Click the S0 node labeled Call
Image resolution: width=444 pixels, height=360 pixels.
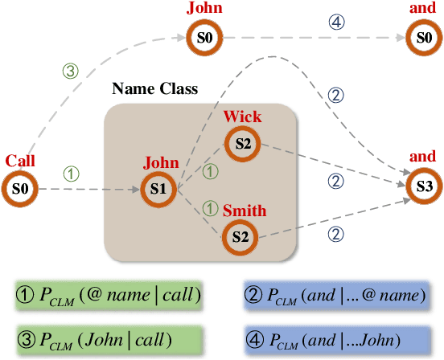[22, 190]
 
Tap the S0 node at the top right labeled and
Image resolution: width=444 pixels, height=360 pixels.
[425, 38]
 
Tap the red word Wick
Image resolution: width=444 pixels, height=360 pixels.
[242, 117]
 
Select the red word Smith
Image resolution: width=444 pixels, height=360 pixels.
[244, 210]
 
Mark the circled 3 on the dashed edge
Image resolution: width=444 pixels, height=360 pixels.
[70, 70]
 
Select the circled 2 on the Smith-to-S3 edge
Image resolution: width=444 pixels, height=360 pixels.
[336, 234]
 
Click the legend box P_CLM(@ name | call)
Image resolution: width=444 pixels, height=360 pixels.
[108, 295]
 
